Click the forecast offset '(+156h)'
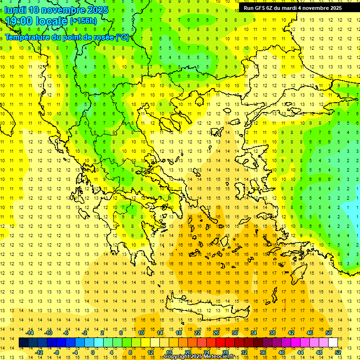(x=83, y=21)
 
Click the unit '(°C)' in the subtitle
(x=122, y=37)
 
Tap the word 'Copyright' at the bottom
(x=176, y=357)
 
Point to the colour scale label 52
(x=338, y=352)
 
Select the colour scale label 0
(x=92, y=352)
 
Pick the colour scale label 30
(x=234, y=332)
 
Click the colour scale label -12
(x=39, y=352)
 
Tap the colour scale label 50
(x=328, y=332)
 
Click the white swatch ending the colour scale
(x=333, y=343)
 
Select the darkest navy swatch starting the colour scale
(x=24, y=343)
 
